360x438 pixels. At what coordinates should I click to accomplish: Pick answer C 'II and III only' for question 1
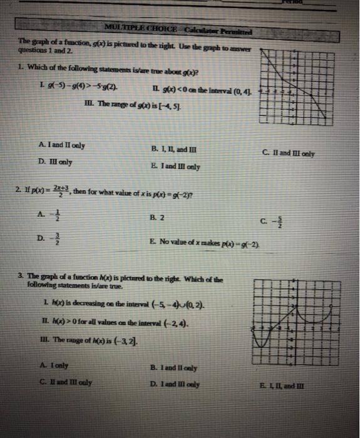289,153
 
